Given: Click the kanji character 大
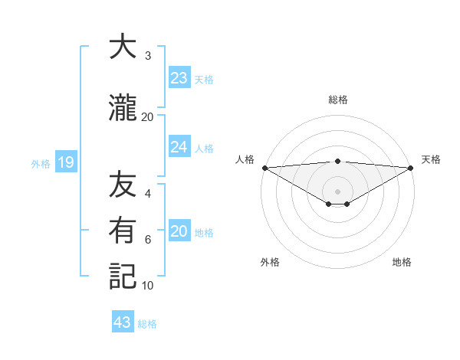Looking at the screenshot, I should click(123, 47).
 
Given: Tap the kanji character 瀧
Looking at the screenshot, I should click(123, 109).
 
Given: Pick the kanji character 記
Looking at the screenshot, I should click(123, 277).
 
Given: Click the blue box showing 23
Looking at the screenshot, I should click(179, 78).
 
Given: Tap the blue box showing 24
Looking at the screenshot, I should click(179, 147).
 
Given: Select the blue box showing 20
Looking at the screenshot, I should click(179, 231).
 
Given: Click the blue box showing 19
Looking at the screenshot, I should click(65, 162).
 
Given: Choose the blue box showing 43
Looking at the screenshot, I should click(123, 322).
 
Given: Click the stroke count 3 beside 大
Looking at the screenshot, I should click(148, 56).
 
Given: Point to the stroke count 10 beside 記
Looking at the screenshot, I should click(148, 286).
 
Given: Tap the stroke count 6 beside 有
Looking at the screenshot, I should click(148, 240).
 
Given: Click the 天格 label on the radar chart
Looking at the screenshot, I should click(431, 159).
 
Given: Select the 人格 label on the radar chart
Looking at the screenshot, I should click(245, 159).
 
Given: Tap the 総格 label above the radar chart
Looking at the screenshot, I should click(338, 100).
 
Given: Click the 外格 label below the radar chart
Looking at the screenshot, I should click(270, 262).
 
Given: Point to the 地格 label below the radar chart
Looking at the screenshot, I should click(402, 262).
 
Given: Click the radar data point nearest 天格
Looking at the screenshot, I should click(411, 168).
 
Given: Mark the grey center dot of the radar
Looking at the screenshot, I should click(337, 191).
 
